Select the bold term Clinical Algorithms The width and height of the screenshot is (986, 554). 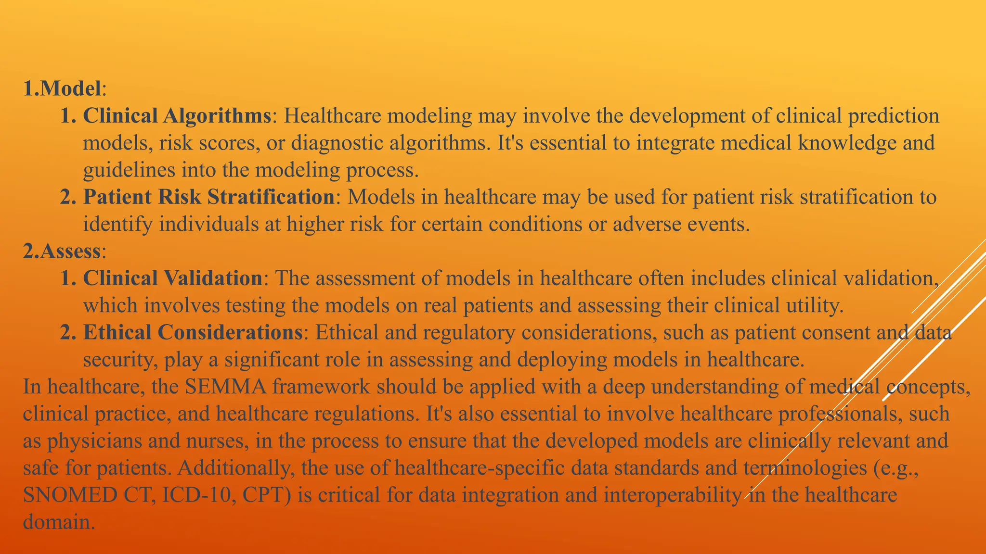pos(177,116)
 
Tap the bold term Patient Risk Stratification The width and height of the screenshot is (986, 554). pos(209,197)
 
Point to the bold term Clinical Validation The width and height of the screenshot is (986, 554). pos(172,278)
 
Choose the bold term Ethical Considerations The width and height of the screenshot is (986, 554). pos(193,332)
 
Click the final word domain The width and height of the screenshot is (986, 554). pos(58,522)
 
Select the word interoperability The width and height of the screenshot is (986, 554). pos(673,495)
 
